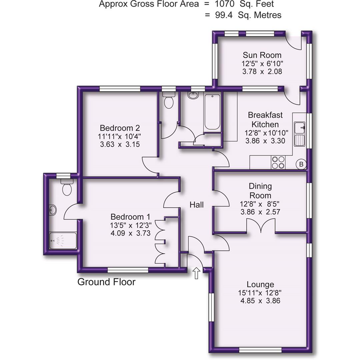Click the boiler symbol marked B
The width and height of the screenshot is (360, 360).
301,164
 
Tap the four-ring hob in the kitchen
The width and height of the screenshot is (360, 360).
278,162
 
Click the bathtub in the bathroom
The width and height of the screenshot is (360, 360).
212,112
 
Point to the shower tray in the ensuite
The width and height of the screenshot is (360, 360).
63,241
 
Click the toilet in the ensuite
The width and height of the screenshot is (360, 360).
67,188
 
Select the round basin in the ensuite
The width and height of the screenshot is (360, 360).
53,210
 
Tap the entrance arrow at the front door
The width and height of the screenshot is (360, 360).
196,273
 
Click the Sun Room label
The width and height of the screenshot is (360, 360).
262,55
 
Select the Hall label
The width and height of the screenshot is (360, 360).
197,205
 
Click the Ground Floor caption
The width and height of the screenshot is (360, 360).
106,282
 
